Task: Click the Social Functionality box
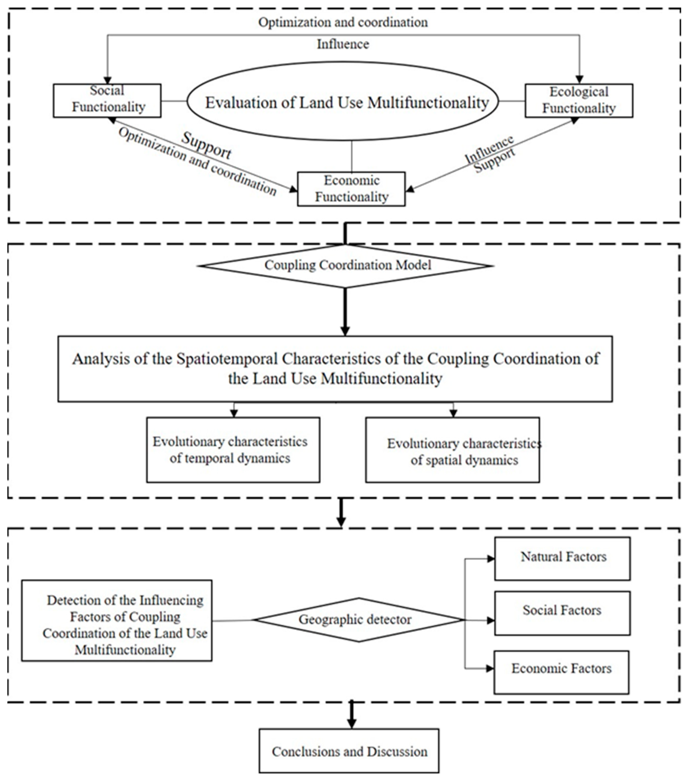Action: tap(107, 100)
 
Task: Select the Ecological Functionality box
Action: tap(579, 100)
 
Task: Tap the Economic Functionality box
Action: tap(351, 189)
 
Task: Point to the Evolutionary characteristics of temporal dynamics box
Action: tap(233, 450)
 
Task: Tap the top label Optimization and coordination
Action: tap(343, 23)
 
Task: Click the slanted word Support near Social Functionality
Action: tap(206, 146)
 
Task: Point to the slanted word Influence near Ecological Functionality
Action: tap(489, 149)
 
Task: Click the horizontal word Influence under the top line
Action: tap(343, 44)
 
